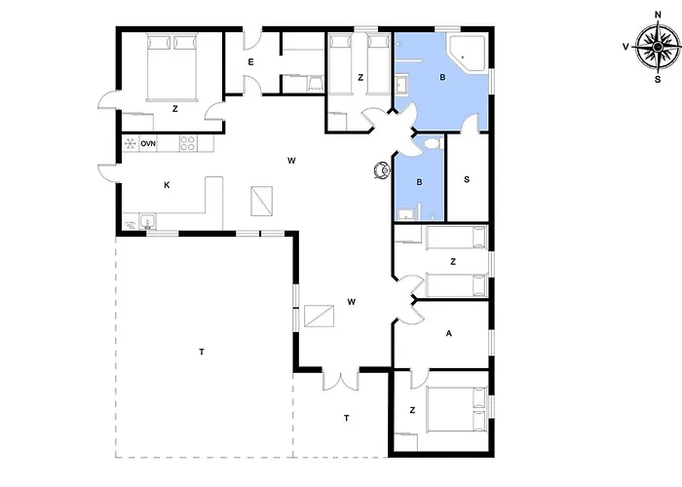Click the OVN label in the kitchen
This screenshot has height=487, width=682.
148,143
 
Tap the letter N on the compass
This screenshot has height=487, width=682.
658,15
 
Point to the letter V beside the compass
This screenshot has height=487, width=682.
625,47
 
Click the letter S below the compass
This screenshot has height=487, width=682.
658,80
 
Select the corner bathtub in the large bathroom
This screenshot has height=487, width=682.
468,53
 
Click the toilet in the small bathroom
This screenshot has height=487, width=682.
432,143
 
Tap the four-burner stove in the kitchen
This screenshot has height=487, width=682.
188,143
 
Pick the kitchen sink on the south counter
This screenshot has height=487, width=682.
148,222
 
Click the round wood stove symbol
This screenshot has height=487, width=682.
382,170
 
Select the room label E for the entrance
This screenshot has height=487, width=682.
250,62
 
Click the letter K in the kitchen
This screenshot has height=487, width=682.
167,185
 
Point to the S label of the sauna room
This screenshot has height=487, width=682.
467,179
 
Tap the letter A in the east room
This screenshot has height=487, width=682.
449,333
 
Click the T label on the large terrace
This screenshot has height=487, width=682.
202,352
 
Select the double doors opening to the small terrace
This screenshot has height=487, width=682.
341,379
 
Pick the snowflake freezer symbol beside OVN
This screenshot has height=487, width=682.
130,143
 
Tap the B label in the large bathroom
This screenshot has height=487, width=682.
442,77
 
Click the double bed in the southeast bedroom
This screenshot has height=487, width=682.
456,409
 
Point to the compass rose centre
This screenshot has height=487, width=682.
658,47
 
